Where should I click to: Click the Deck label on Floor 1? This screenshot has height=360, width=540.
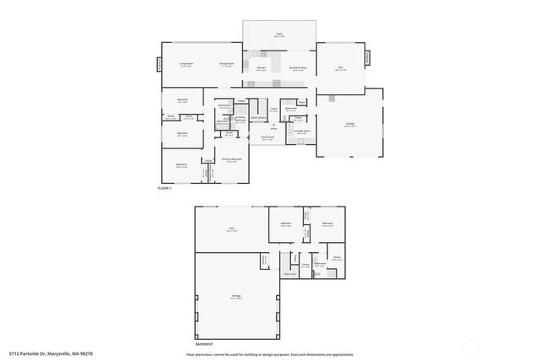pyautogui.click(x=278, y=35)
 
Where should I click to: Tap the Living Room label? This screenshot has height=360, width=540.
pyautogui.click(x=186, y=63)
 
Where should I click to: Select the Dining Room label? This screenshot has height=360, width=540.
pyautogui.click(x=226, y=63)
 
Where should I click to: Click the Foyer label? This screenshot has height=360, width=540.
pyautogui.click(x=273, y=109)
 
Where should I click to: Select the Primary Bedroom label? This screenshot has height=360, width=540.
pyautogui.click(x=232, y=159)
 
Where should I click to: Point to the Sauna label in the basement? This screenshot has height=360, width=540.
pyautogui.click(x=336, y=257)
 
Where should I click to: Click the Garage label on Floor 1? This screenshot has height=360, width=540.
pyautogui.click(x=350, y=124)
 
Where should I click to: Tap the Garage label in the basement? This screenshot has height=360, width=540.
pyautogui.click(x=236, y=296)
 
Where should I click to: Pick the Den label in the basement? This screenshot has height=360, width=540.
pyautogui.click(x=230, y=228)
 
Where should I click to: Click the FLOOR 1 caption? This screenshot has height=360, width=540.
pyautogui.click(x=165, y=187)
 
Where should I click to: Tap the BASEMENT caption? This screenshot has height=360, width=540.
pyautogui.click(x=203, y=343)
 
